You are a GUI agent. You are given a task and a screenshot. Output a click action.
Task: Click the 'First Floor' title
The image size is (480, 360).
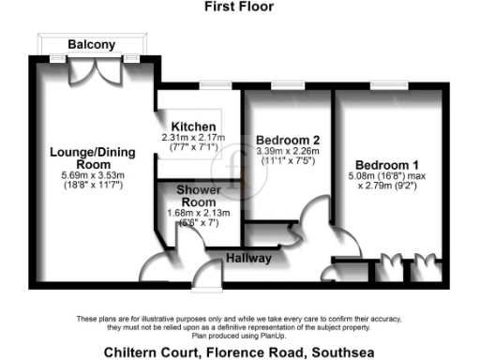(239, 6)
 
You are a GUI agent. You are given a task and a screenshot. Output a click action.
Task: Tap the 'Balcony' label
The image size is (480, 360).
(92, 44)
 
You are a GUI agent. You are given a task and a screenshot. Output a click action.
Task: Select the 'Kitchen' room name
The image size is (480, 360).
(193, 127)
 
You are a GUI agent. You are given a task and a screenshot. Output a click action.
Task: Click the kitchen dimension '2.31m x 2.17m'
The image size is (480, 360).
(193, 137)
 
